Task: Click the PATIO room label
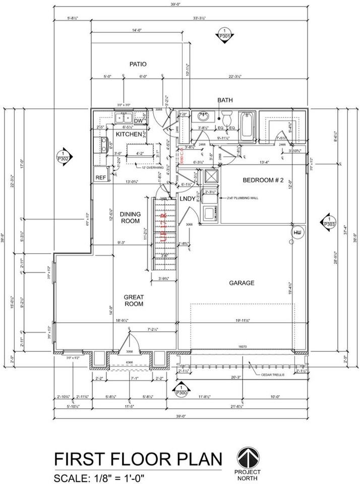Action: click(138, 64)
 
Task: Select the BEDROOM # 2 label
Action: click(264, 180)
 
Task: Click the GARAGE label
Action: click(243, 283)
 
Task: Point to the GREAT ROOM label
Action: click(134, 300)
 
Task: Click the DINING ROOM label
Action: click(130, 217)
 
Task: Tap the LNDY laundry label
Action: click(188, 199)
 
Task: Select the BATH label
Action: click(225, 100)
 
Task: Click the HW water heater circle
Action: click(297, 232)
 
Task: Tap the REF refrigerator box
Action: click(101, 177)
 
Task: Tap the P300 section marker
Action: click(180, 389)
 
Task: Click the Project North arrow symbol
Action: click(248, 457)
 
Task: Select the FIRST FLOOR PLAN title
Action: click(138, 460)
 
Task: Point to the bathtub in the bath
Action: click(248, 126)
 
